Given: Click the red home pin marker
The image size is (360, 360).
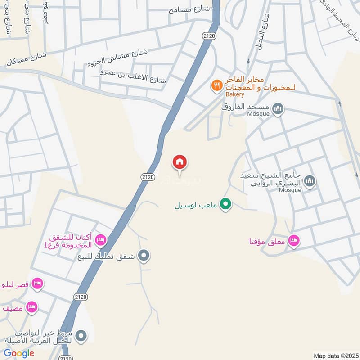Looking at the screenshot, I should pos(180,162).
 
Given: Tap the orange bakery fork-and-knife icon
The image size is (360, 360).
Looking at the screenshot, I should pos(217,85).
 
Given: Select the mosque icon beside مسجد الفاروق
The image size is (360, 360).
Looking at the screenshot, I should pos(278,108).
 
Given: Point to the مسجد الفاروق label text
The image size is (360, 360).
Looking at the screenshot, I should pos(245,107).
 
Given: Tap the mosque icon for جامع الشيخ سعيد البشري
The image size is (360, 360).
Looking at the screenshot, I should pos(309,181).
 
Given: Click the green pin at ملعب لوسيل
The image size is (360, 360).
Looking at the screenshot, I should pos(226,205).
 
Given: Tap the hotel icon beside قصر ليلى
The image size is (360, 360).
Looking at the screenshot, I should pos(37,283).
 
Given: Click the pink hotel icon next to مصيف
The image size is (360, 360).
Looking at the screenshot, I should pos(31,307).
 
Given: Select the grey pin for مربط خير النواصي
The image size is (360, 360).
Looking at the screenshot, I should pos(81,336).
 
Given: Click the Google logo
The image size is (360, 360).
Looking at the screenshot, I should pos(19,353).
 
